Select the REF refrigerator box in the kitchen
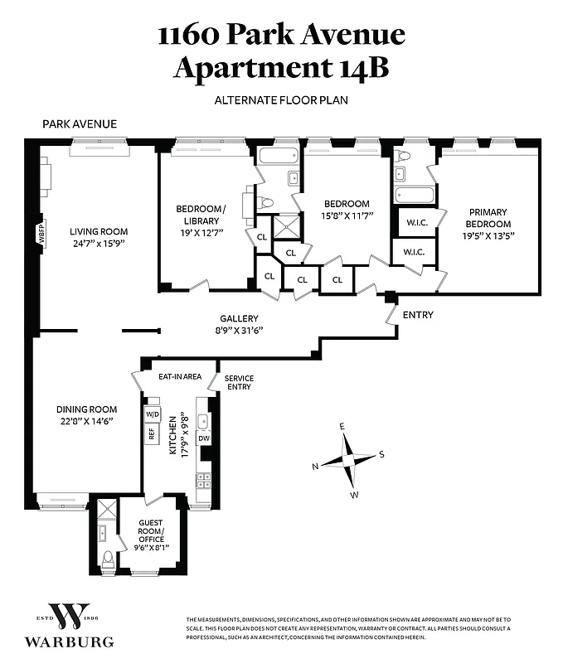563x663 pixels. coord(152,433)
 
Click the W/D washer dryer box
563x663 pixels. coord(152,414)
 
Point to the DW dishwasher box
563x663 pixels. coord(203,438)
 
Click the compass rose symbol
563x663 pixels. coord(348,460)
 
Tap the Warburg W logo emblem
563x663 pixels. coord(70,616)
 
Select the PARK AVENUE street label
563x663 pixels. coord(80,124)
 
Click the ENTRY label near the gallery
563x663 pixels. coord(418,315)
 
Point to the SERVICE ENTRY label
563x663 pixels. coord(239,383)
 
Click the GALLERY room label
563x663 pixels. coord(239,318)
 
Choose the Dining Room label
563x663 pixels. coord(86,409)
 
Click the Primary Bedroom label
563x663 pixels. coord(488,218)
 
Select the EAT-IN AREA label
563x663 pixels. coord(180,376)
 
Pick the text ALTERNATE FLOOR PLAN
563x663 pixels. coord(281,100)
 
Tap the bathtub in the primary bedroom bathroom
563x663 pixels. coord(415,196)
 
